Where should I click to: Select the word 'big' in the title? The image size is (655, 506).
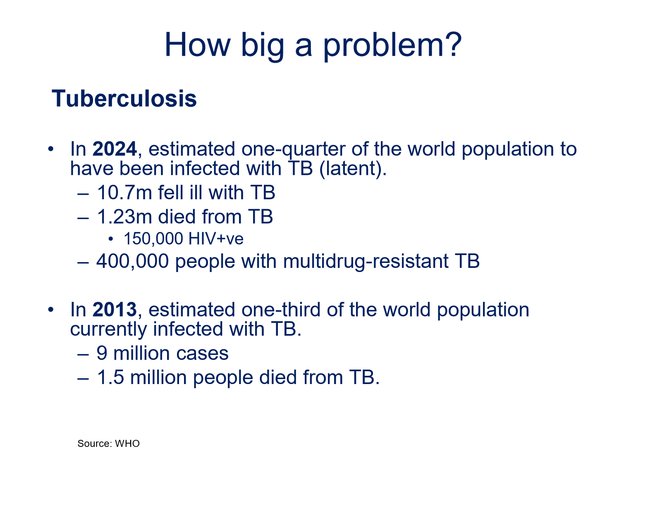(262, 47)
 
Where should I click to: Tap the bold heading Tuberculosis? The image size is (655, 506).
(124, 98)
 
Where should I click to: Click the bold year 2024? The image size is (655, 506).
(115, 149)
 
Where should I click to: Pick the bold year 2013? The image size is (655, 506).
(115, 310)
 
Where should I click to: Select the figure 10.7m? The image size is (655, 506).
(124, 193)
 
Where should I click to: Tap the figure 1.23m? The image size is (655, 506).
(124, 217)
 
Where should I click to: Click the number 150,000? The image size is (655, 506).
(153, 239)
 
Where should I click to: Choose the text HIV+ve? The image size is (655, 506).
(216, 239)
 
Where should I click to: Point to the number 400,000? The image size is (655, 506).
(133, 261)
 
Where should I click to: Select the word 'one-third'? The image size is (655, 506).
(281, 310)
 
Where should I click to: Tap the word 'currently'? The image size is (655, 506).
(108, 329)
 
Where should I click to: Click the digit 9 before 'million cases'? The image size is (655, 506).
(102, 353)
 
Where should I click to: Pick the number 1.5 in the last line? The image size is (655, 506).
(110, 377)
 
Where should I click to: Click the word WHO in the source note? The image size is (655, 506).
(127, 444)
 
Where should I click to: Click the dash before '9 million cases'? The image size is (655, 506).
(83, 355)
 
